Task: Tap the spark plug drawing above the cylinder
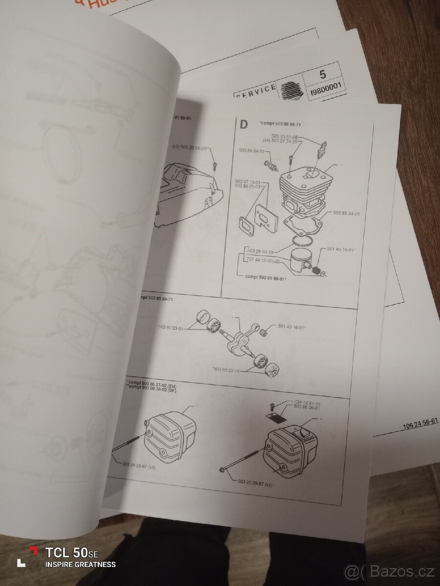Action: [321, 149]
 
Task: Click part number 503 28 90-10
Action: [260, 251]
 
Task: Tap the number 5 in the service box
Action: [323, 75]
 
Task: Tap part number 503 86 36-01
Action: [307, 407]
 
